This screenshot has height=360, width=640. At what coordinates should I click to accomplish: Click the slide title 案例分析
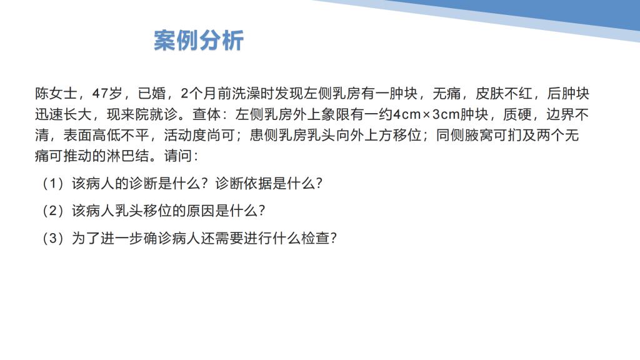pyautogui.click(x=199, y=41)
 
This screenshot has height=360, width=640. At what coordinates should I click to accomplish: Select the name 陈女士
pyautogui.click(x=56, y=94)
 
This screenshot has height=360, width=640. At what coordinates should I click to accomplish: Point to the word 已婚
pyautogui.click(x=152, y=94)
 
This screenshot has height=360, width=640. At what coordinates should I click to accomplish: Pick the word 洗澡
pyautogui.click(x=246, y=94)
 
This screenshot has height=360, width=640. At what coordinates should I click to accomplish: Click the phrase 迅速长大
pyautogui.click(x=63, y=114)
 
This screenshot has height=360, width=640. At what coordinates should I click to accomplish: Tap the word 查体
pyautogui.click(x=206, y=114)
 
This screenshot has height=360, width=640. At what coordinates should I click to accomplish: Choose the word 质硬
pyautogui.click(x=517, y=114)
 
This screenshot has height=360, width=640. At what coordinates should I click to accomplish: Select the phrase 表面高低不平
pyautogui.click(x=106, y=135)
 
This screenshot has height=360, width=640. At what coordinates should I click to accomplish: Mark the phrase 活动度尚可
pyautogui.click(x=199, y=135)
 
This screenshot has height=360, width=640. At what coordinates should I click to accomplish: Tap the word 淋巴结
pyautogui.click(x=127, y=156)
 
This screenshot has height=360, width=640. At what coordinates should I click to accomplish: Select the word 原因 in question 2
pyautogui.click(x=200, y=211)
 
